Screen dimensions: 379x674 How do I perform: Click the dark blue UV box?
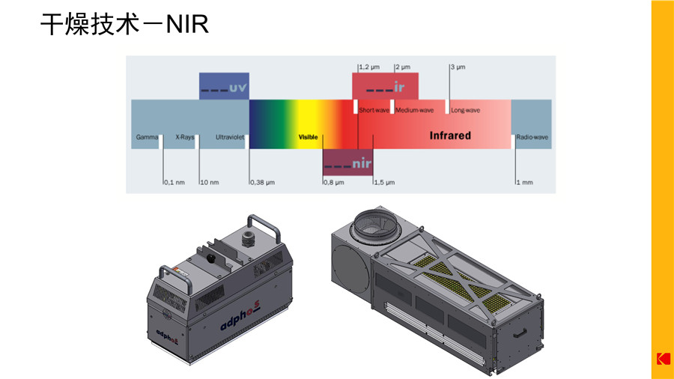point(224,86)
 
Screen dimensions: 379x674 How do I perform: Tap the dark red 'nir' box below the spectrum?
point(347,162)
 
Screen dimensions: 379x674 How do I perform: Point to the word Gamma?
point(147,137)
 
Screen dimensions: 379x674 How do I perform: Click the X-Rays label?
point(184,137)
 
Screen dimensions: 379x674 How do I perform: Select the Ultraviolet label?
point(230,137)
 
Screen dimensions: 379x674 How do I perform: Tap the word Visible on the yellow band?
point(309,137)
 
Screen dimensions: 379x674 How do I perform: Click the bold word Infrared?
point(450,136)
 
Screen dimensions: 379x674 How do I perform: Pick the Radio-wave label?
point(532,137)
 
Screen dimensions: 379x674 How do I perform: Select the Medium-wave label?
point(415,110)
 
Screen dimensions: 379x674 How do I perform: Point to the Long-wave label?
point(466,110)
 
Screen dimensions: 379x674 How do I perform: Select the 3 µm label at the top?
point(458,67)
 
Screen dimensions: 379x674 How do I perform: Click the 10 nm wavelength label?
point(210,182)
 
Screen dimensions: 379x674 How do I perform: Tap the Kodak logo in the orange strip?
point(663,359)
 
